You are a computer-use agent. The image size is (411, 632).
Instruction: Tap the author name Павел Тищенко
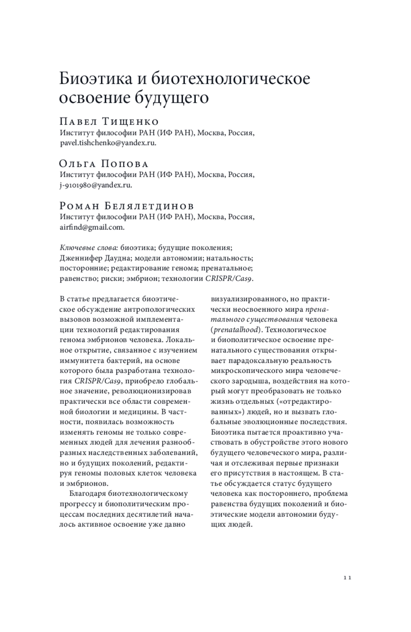coord(109,122)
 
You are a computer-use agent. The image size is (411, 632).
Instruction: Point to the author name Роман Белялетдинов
coord(127,206)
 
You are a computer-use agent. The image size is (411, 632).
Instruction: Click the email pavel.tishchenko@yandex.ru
coord(108,143)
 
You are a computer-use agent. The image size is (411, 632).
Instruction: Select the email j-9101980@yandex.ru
coord(96,185)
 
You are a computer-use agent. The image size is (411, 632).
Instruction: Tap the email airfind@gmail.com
coord(92,227)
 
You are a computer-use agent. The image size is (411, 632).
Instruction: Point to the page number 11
coord(347,578)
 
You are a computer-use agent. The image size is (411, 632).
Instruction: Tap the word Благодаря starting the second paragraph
coord(87,494)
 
